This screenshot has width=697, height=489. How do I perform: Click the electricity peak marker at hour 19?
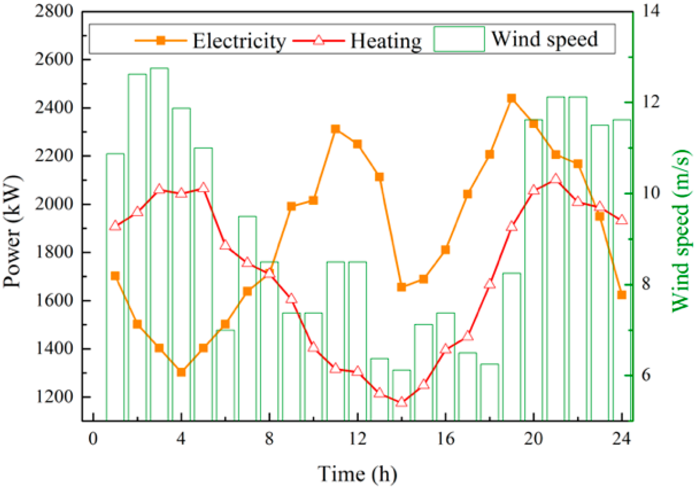[511, 99]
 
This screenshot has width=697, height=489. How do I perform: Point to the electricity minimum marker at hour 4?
[181, 372]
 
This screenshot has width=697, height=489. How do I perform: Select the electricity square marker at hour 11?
[335, 129]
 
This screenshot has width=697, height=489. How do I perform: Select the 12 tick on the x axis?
[357, 439]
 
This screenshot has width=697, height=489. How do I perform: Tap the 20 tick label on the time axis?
[533, 439]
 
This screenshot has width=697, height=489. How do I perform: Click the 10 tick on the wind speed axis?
[651, 193]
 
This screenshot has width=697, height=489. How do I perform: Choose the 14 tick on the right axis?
[651, 11]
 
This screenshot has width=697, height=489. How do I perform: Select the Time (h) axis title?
[357, 473]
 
